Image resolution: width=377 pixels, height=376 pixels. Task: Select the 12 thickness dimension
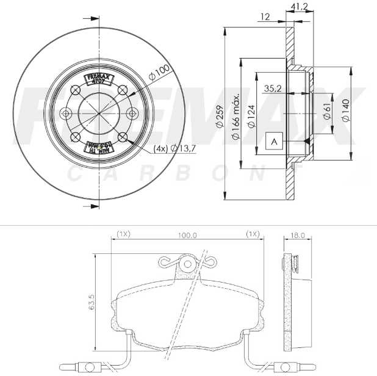pos(264,17)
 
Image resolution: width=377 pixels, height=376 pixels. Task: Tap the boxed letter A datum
pos(274,142)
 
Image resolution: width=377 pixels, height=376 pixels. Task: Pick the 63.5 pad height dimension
pos(91,303)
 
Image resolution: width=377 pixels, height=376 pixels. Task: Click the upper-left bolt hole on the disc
pos(76,89)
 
